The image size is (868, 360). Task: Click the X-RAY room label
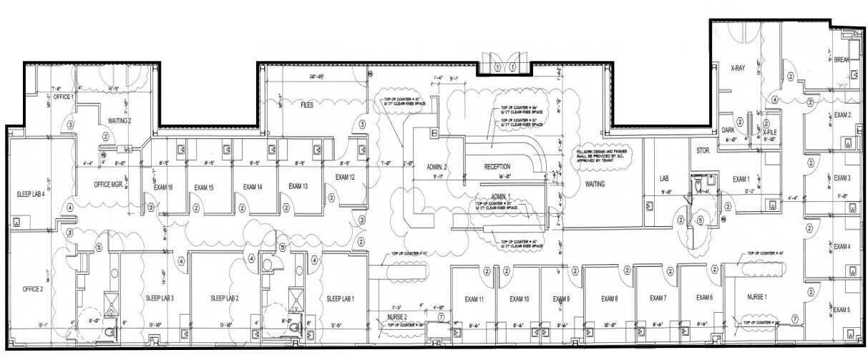coord(738,69)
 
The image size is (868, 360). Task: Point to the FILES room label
coord(307,104)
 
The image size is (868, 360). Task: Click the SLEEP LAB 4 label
coord(31,194)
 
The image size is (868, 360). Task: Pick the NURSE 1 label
coord(756,296)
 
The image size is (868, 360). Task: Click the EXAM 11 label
coord(475,298)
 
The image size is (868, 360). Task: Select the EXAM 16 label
coord(164,187)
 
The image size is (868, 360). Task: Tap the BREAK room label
coord(842,60)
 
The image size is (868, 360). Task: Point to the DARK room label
coord(728,130)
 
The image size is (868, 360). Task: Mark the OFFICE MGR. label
coord(110,184)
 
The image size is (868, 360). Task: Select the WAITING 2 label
coord(120,120)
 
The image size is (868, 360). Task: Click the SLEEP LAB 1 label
coord(341,298)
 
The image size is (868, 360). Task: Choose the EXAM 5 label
coord(842,310)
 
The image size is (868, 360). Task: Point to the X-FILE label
coord(770,132)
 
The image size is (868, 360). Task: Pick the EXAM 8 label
coord(609,298)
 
